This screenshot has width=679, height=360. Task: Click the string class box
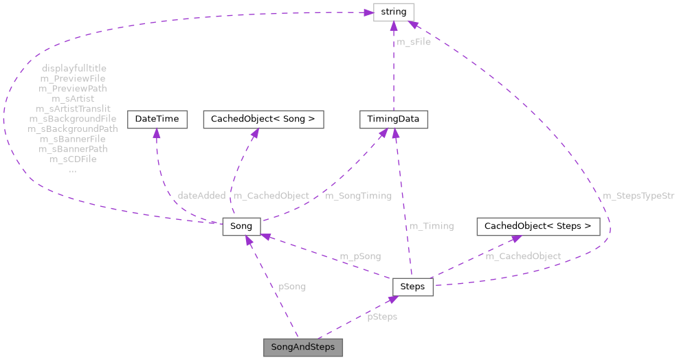(393, 12)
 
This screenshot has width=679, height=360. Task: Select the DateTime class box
(157, 119)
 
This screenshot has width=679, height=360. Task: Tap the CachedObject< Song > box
(263, 119)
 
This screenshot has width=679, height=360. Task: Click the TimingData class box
(394, 119)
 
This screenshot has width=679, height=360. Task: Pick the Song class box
(241, 226)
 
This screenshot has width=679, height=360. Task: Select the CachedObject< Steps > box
(538, 226)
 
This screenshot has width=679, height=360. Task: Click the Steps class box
(412, 286)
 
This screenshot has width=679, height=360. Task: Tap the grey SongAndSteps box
(303, 347)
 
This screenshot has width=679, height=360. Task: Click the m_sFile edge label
(414, 42)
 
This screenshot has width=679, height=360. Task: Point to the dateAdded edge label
(201, 196)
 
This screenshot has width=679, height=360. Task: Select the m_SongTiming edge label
(358, 196)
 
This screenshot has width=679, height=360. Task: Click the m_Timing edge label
(432, 226)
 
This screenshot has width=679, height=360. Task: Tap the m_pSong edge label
(360, 256)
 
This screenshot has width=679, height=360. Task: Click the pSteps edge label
(381, 317)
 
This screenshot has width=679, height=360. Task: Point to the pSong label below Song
(292, 286)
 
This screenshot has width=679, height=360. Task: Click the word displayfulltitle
(74, 69)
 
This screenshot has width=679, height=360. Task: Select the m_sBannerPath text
(73, 148)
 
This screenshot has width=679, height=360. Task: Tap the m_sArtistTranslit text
(73, 109)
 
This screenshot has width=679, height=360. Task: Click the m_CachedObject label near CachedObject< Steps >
(523, 256)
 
